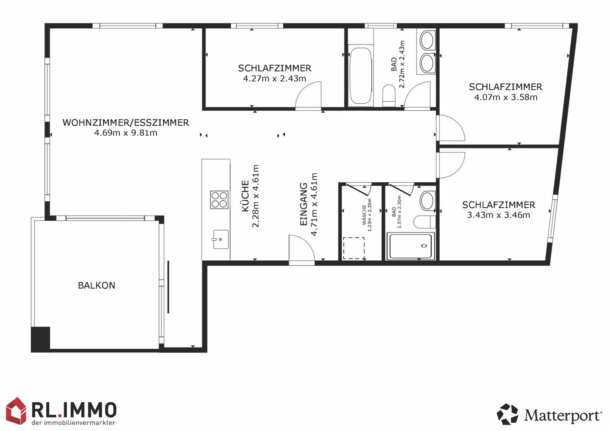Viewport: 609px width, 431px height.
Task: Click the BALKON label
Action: [x=97, y=285]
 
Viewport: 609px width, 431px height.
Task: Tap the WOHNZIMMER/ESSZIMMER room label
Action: [x=126, y=123]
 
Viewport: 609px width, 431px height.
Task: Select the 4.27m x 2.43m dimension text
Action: [x=275, y=79]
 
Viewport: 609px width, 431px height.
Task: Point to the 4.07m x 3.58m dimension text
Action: [x=506, y=98]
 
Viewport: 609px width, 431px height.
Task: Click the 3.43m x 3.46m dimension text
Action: [x=498, y=215]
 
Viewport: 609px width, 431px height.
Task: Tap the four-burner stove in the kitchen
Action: [x=219, y=200]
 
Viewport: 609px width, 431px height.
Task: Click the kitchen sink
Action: [x=221, y=239]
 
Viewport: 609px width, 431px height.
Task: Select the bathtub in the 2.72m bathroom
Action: [x=360, y=76]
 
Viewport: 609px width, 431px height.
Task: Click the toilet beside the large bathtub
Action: [x=389, y=95]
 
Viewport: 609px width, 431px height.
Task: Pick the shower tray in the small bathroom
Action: [x=410, y=246]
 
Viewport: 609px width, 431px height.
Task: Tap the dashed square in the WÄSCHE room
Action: [x=354, y=248]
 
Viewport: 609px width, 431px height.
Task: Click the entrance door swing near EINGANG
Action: [x=302, y=249]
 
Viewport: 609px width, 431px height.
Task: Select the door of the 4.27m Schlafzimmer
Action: [x=308, y=96]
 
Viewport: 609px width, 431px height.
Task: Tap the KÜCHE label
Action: [x=245, y=196]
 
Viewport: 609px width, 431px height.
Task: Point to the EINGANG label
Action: [x=303, y=204]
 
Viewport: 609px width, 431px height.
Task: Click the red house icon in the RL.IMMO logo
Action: [x=16, y=411]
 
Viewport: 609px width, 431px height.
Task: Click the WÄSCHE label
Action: [x=364, y=215]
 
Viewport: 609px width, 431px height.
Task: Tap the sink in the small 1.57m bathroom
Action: [x=427, y=201]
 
